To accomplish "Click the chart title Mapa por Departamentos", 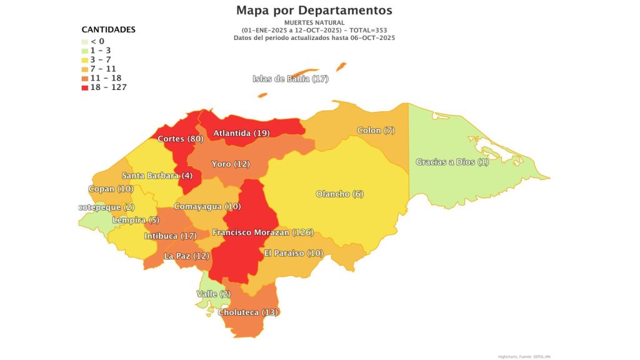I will tap(314, 11).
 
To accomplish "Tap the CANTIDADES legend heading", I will tap(109, 29).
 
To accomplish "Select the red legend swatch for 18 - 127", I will tap(86, 87).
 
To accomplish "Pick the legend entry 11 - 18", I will tap(106, 78).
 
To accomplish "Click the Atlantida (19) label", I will tap(241, 133).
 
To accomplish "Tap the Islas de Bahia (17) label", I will tap(290, 79).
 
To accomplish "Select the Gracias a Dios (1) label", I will tap(452, 162).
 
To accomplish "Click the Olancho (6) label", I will tap(340, 194).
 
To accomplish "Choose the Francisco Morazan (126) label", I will tap(262, 232).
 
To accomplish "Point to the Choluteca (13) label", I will tap(248, 312).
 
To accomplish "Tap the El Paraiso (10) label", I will tap(293, 253).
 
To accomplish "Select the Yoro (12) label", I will tap(230, 164).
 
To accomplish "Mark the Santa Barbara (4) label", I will tap(157, 176).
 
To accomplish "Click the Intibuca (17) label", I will tap(171, 236).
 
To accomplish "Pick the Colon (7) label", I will tap(376, 131).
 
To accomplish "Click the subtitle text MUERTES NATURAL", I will tap(314, 22).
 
